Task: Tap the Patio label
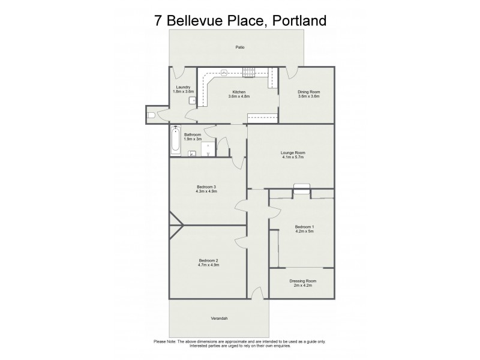tap(239, 47)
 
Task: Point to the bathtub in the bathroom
tap(176, 141)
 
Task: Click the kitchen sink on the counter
tap(223, 73)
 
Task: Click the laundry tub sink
tap(192, 100)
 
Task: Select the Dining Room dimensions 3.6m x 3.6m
tap(309, 96)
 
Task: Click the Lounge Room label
tap(293, 152)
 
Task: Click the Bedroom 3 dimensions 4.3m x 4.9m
tap(206, 191)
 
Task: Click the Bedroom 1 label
tap(305, 226)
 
